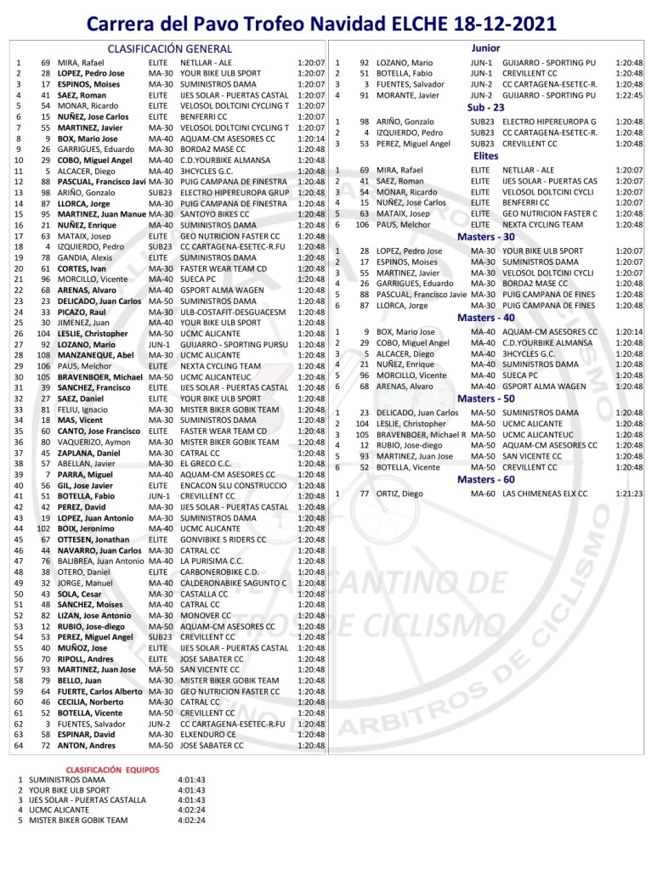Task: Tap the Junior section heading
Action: pyautogui.click(x=485, y=48)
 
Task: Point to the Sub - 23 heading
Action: pyautogui.click(x=485, y=108)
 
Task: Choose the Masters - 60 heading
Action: pyautogui.click(x=485, y=480)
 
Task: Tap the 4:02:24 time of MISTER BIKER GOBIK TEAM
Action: pyautogui.click(x=192, y=821)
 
